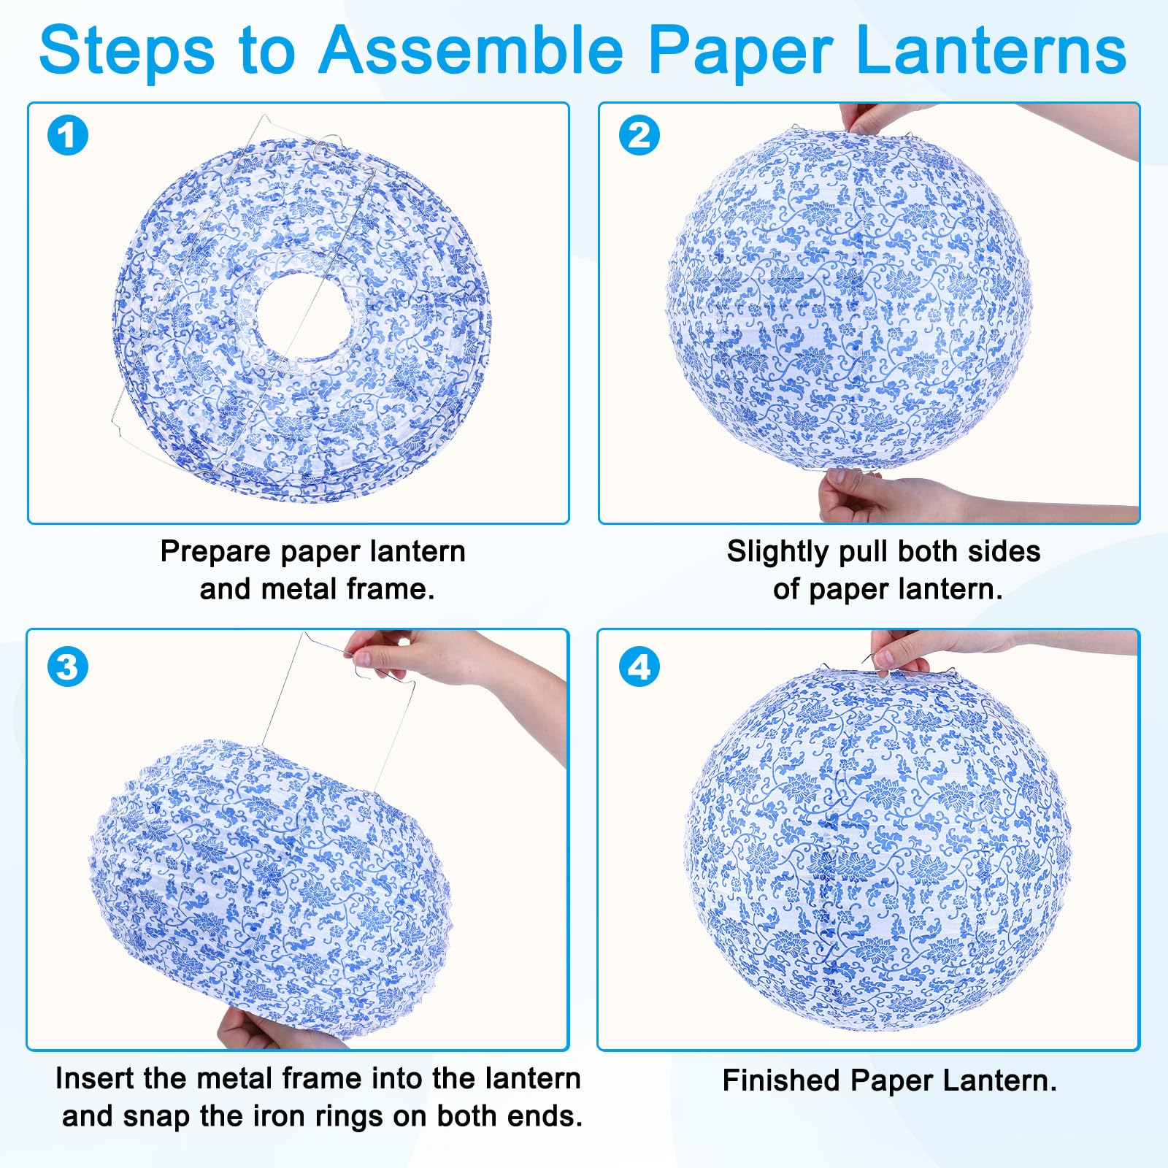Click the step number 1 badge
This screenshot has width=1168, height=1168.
[x=67, y=136]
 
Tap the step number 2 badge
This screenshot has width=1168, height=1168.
[x=639, y=136]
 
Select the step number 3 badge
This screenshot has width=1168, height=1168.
[x=67, y=666]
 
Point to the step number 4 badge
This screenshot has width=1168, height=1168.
[x=639, y=666]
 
